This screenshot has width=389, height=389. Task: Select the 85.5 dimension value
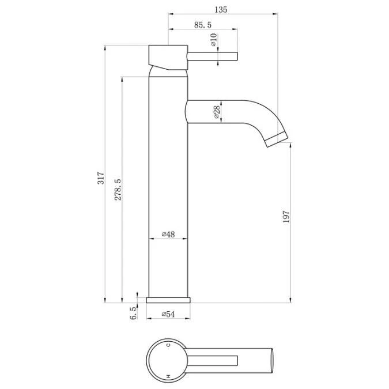203,25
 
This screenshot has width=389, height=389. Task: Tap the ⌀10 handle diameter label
213,40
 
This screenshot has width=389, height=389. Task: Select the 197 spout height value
286,217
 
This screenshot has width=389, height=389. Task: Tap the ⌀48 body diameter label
168,234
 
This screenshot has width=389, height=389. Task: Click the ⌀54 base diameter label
168,314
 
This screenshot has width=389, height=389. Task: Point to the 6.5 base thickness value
133,313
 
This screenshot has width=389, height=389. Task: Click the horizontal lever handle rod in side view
213,56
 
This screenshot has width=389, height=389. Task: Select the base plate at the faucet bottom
168,300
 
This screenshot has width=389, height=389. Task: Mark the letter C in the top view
168,345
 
